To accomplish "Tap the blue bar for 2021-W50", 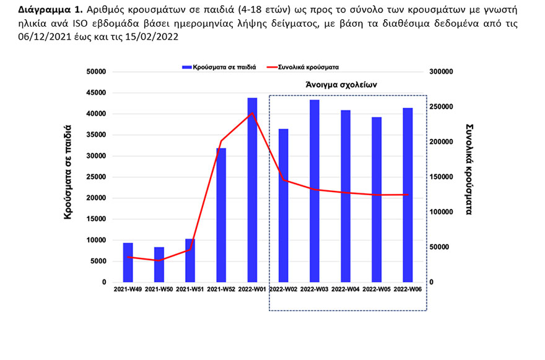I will (159, 265).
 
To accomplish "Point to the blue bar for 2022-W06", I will (408, 195).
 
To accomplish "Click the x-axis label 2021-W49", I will (128, 289).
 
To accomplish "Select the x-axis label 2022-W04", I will (346, 289).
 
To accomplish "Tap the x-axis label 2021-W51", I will (190, 289).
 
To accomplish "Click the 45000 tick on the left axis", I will (94, 93).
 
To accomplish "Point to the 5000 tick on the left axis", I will (96, 261).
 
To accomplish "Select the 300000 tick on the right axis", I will (442, 72).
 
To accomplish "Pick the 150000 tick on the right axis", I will (442, 177).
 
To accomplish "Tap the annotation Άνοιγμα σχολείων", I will (341, 83).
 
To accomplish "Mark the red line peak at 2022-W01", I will (252, 113).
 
